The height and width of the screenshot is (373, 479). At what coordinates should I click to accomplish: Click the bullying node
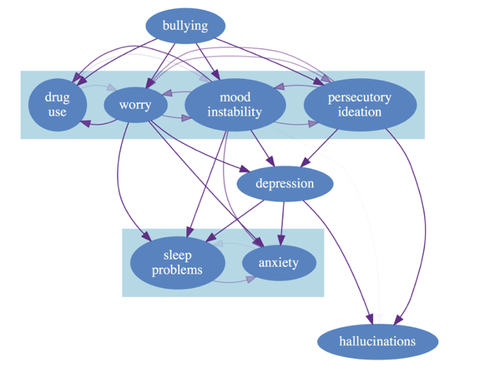click(185, 27)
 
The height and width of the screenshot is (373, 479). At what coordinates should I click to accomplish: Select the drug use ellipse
click(57, 105)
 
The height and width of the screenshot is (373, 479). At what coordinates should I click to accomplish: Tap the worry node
click(134, 105)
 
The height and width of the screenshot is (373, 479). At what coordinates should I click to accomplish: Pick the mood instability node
click(234, 105)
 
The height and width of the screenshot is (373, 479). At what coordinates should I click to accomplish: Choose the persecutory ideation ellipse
click(359, 105)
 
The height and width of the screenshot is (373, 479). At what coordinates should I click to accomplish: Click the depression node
click(284, 184)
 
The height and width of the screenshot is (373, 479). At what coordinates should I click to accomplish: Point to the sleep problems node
click(177, 262)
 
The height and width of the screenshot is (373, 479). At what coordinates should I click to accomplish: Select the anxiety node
click(279, 262)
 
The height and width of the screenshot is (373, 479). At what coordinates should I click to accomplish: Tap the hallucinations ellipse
click(377, 341)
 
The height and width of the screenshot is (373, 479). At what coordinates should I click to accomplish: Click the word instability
click(234, 112)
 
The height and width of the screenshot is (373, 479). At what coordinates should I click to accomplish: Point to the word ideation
click(360, 112)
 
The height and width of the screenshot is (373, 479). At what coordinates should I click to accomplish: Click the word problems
click(177, 270)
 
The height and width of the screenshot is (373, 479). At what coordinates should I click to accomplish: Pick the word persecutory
click(360, 97)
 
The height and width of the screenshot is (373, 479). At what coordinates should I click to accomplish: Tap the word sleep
click(177, 255)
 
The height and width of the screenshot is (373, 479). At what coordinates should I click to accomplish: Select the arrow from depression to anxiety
click(284, 221)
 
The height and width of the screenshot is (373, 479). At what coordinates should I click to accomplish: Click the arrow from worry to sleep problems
click(119, 184)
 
